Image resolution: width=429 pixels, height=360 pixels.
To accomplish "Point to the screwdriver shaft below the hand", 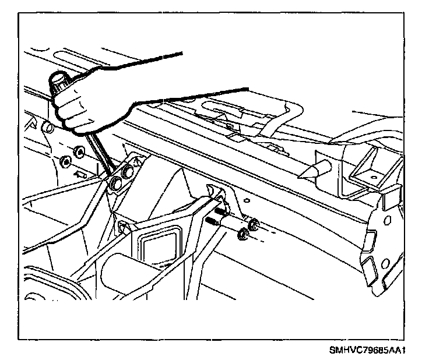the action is click(x=100, y=153).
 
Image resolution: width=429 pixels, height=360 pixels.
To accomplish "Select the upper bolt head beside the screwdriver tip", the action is click(x=126, y=173).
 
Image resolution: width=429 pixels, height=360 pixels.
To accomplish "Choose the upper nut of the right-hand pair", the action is click(x=254, y=224).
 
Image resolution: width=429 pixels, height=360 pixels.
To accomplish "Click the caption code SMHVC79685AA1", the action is click(x=368, y=351).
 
